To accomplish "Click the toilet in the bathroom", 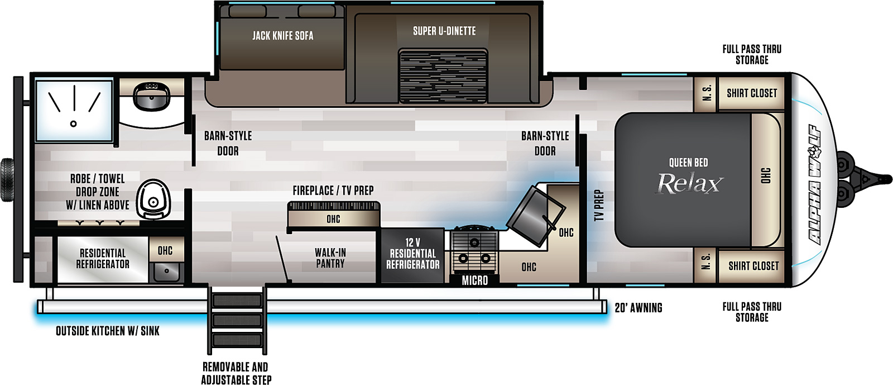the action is (x=153, y=199).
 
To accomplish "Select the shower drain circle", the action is (x=73, y=124).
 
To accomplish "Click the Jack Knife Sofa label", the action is (x=282, y=36).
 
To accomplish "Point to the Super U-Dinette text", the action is (x=444, y=31).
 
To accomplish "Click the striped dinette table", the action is (x=443, y=76).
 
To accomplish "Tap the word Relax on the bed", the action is (x=689, y=183).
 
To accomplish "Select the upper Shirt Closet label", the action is (x=752, y=93).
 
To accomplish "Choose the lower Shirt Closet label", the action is (x=753, y=266).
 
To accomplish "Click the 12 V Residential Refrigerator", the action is (x=412, y=255).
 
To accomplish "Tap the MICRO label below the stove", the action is (x=475, y=281).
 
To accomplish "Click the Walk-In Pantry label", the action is (x=330, y=258).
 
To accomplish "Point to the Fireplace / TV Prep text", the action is (x=333, y=191).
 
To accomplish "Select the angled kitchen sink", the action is (x=536, y=216).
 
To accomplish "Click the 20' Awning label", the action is (x=638, y=307).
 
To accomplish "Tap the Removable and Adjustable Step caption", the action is (x=236, y=373).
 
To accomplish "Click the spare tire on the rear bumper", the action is (x=7, y=180).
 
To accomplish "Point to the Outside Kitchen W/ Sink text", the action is (x=108, y=331).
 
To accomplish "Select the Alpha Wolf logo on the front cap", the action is (x=815, y=184).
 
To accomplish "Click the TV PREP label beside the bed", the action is (x=599, y=205).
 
